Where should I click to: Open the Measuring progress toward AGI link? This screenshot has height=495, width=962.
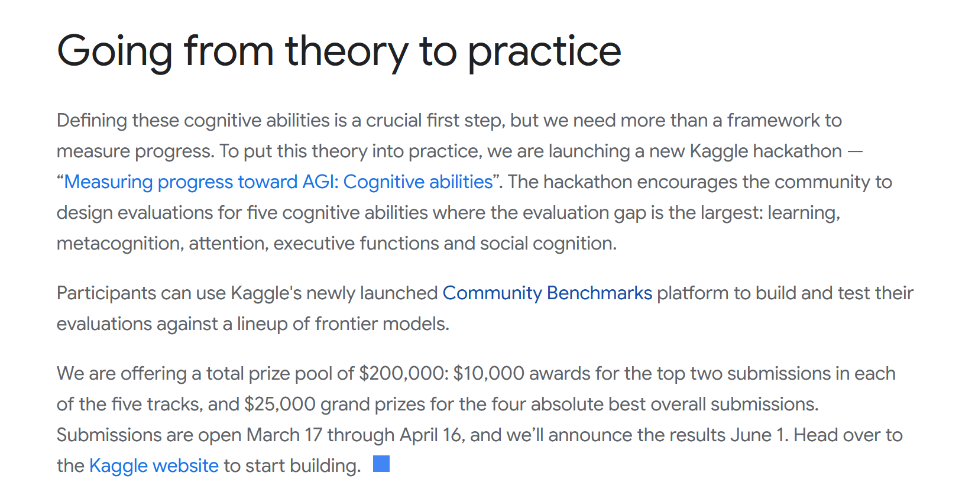pyautogui.click(x=278, y=182)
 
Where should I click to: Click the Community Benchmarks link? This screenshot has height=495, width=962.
pyautogui.click(x=547, y=293)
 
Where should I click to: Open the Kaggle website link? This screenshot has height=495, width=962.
pyautogui.click(x=154, y=466)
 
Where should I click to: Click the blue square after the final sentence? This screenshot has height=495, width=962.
pyautogui.click(x=381, y=464)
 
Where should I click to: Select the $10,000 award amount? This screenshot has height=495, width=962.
pyautogui.click(x=489, y=373)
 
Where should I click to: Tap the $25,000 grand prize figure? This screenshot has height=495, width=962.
pyautogui.click(x=280, y=405)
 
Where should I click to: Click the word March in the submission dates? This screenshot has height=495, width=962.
pyautogui.click(x=273, y=435)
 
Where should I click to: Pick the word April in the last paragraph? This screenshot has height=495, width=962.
pyautogui.click(x=418, y=435)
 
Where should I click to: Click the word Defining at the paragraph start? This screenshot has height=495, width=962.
pyautogui.click(x=92, y=121)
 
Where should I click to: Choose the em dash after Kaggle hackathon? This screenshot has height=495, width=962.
pyautogui.click(x=855, y=151)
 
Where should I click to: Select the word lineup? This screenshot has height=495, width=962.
pyautogui.click(x=262, y=324)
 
